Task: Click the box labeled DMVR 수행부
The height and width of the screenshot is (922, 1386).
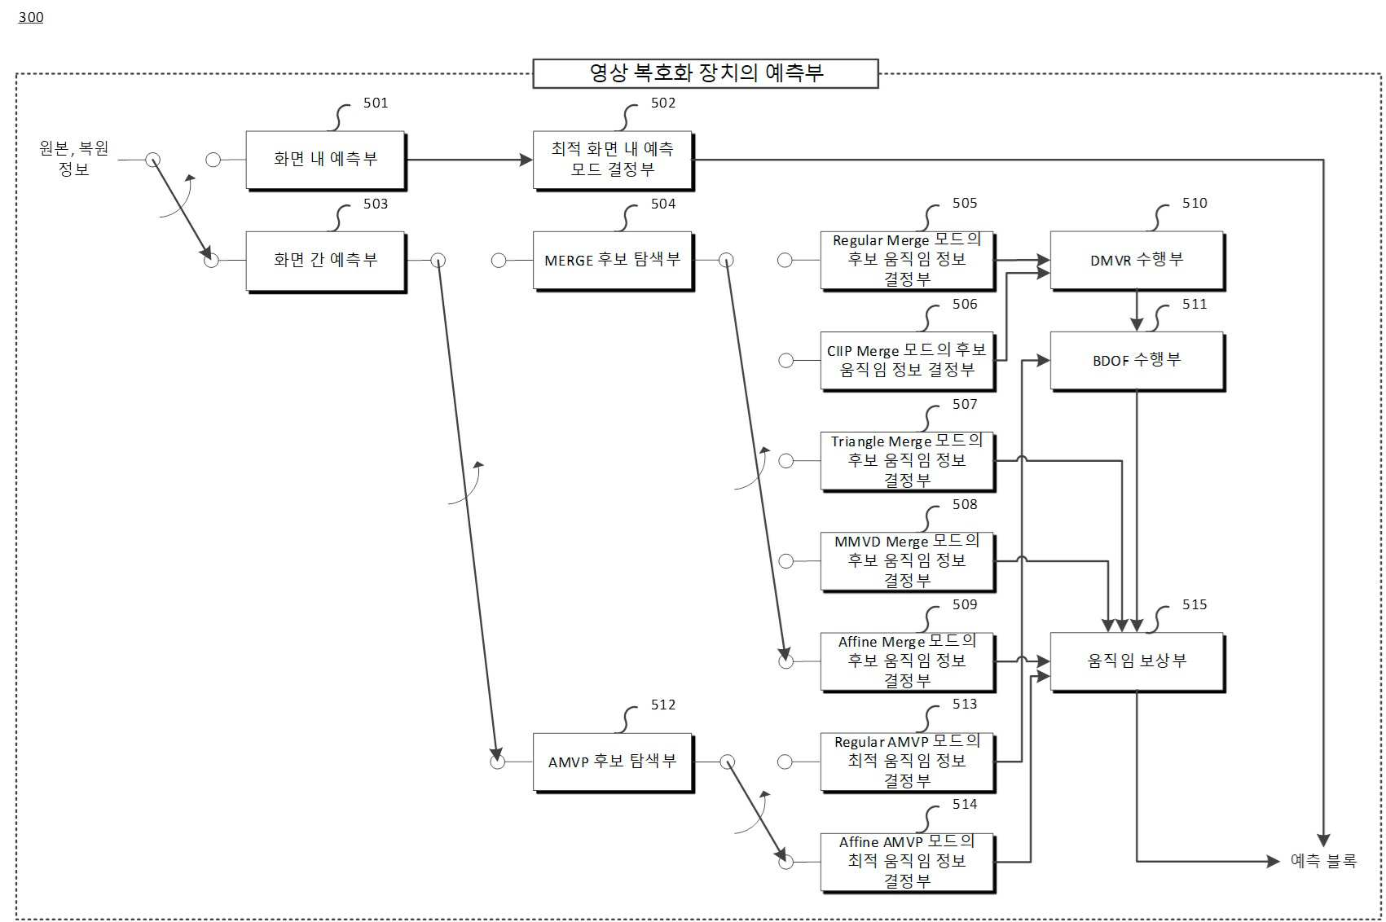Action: pos(1137,261)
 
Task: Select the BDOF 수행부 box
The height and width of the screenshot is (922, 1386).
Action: pos(1137,361)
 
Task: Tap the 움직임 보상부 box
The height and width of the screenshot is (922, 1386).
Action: pos(1137,661)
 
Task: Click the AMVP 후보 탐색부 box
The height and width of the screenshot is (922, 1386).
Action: pos(613,762)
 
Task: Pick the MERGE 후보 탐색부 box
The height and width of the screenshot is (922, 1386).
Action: pos(613,261)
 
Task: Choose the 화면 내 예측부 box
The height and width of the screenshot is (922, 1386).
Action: pos(325,160)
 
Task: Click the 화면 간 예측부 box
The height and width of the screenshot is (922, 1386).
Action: pos(325,261)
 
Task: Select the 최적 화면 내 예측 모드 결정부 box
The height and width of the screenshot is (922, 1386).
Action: pos(613,160)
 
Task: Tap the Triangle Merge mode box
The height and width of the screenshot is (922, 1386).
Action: pos(908,461)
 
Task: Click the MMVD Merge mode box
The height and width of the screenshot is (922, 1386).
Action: pos(908,561)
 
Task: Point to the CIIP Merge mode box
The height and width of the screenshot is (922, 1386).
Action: pos(908,361)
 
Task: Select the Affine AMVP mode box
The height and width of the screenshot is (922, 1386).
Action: pos(908,862)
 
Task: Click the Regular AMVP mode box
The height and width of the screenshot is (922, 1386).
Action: pos(908,762)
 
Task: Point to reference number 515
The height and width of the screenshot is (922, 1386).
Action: pos(1195,604)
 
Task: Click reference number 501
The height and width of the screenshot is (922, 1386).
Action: pos(376,103)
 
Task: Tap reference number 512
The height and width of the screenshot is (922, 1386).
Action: pos(662,705)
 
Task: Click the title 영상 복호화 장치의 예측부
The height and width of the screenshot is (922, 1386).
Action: pos(706,73)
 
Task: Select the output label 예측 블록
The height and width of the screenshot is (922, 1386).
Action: pos(1323,860)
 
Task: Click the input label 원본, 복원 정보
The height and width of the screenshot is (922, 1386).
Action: pos(73,158)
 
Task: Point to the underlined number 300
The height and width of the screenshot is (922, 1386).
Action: pos(31,17)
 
